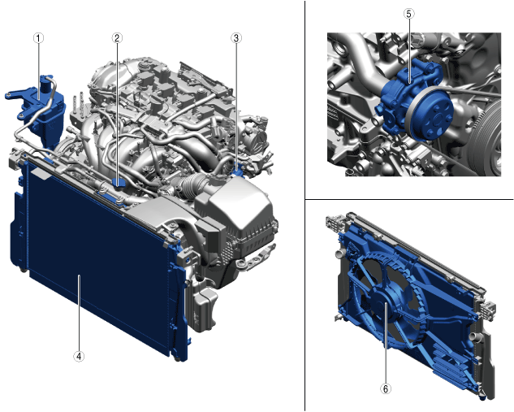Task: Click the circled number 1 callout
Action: (38, 38)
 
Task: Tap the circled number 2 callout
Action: (117, 38)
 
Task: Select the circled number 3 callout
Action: (236, 38)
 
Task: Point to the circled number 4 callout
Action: (79, 356)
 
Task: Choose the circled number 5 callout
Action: (408, 14)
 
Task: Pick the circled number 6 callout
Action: (386, 388)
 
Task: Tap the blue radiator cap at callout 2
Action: (118, 182)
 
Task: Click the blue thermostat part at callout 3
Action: (237, 171)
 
